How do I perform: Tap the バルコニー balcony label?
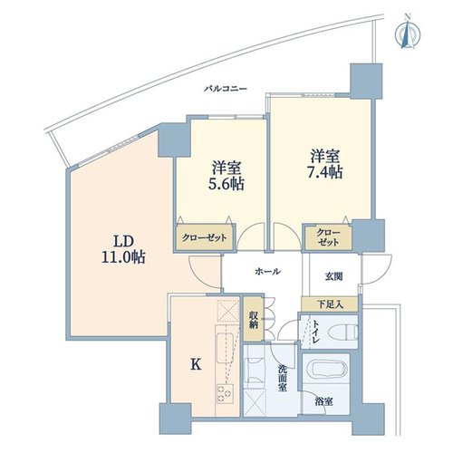pos(226,89)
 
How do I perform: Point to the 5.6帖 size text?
pos(226,184)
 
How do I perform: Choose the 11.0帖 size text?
pos(123,257)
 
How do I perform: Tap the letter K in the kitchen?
pos(196,365)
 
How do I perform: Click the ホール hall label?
pos(268,272)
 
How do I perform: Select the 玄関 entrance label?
pos(334,276)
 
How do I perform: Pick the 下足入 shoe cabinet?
pos(330,304)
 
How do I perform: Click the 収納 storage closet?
pos(253,319)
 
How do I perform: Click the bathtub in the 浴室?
pos(325,374)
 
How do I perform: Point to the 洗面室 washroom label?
pos(283,378)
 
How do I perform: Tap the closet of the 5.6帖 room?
pos(205,237)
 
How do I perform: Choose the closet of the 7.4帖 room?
pos(328,238)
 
